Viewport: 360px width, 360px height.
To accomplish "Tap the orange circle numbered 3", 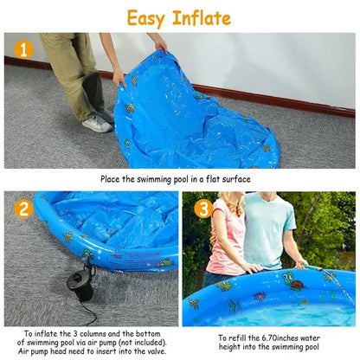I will point(203,209).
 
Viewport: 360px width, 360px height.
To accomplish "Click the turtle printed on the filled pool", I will point(292,281).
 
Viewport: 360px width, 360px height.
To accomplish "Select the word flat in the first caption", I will point(215,179).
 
